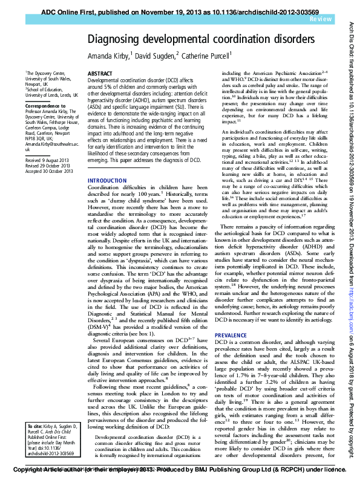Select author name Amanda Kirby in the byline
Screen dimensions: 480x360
click(x=110, y=56)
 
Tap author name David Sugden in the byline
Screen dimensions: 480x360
click(x=155, y=56)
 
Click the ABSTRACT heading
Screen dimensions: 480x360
click(x=100, y=73)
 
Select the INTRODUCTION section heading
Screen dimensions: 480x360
click(x=108, y=164)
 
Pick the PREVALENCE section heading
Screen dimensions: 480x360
click(x=231, y=335)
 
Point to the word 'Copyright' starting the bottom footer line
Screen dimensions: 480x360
click(x=28, y=469)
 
